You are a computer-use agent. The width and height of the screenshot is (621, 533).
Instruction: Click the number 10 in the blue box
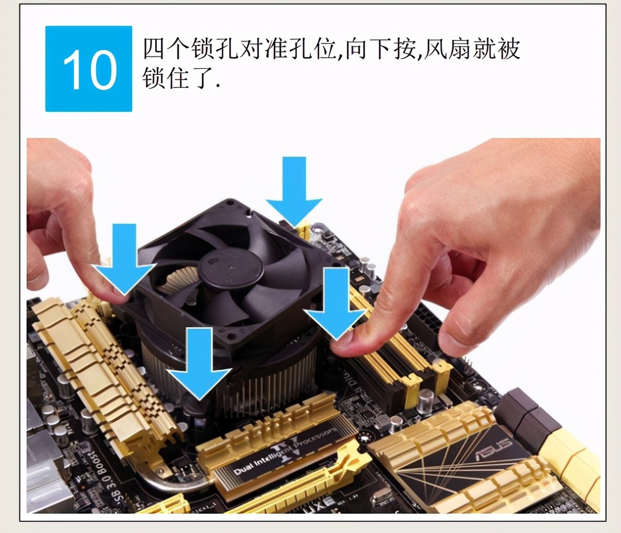pyautogui.click(x=89, y=69)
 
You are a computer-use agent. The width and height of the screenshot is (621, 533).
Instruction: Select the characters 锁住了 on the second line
pyautogui.click(x=179, y=79)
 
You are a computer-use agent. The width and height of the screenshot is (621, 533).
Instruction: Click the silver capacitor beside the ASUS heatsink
pyautogui.click(x=425, y=401)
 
